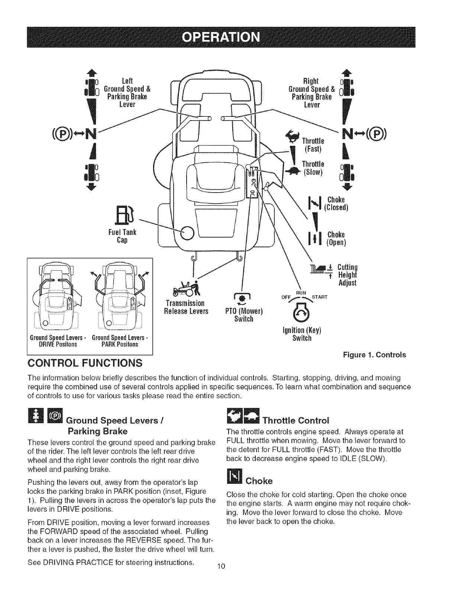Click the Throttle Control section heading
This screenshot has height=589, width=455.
[296, 421]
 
